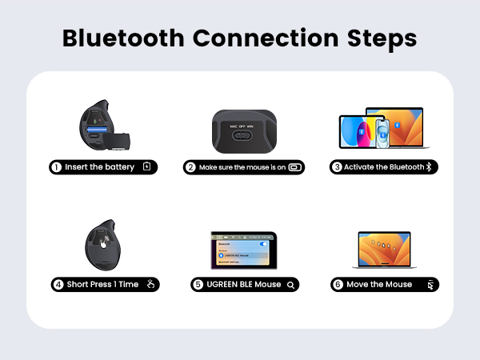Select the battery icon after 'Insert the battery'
pyautogui.click(x=146, y=167)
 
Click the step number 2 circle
pyautogui.click(x=190, y=168)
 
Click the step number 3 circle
pyautogui.click(x=337, y=167)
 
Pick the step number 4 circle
pyautogui.click(x=58, y=284)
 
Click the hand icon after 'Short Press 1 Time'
pyautogui.click(x=150, y=284)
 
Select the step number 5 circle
pyautogui.click(x=198, y=284)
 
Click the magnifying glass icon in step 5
pyautogui.click(x=291, y=284)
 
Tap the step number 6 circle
pyautogui.click(x=338, y=284)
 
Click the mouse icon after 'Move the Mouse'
pyautogui.click(x=430, y=284)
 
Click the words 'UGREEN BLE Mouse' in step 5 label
pyautogui.click(x=243, y=284)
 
